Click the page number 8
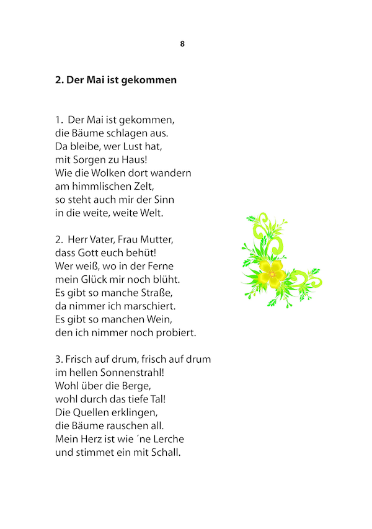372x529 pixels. point(182,43)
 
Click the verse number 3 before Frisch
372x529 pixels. point(58,360)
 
